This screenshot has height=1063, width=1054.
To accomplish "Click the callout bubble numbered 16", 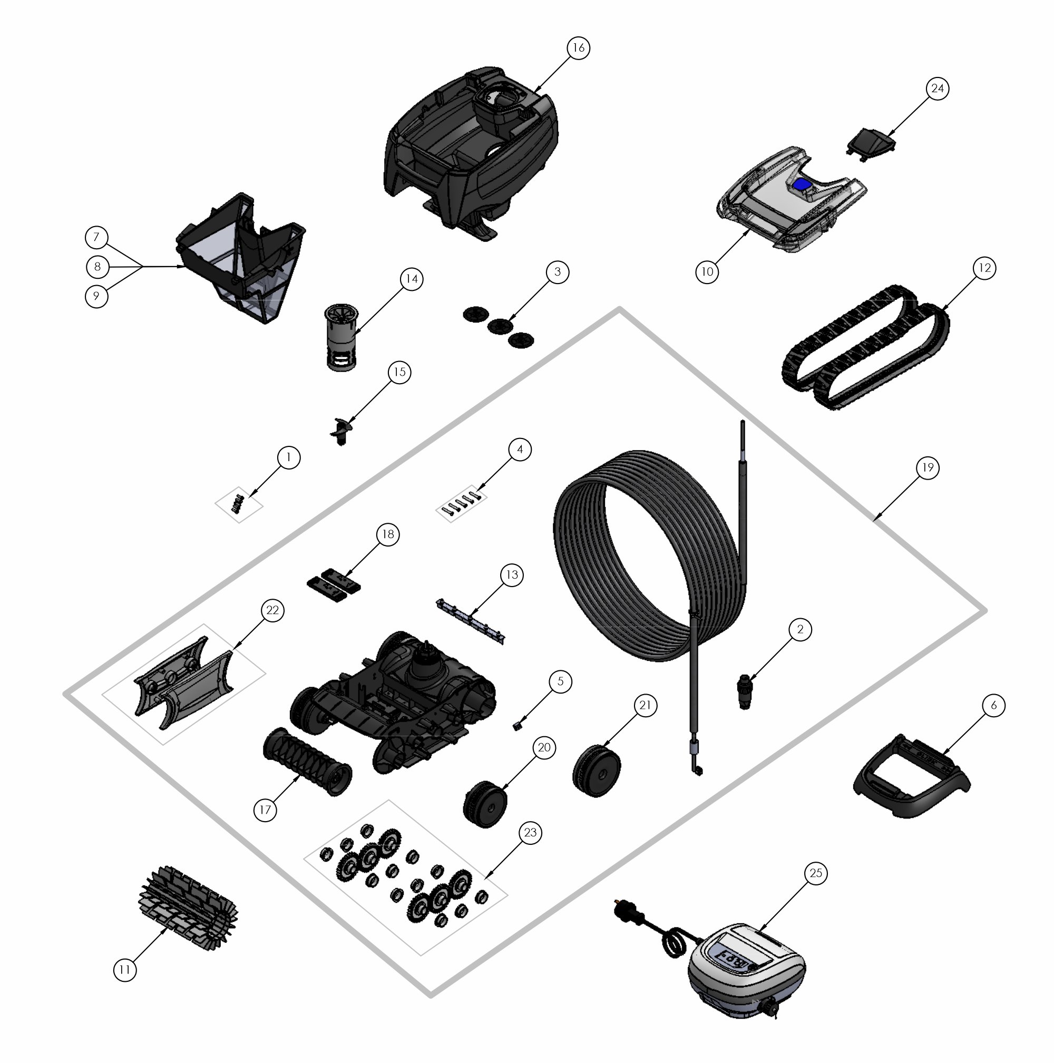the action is [x=578, y=48].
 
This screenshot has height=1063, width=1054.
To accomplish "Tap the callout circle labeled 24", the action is [x=938, y=88].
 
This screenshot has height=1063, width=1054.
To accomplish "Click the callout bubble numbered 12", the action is [x=984, y=268].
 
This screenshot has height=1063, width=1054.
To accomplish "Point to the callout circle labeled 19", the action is [x=928, y=467].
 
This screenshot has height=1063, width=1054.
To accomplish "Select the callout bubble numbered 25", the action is [x=816, y=873].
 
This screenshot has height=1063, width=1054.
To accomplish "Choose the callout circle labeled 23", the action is [x=530, y=833].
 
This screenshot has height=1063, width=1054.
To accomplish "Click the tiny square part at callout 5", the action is [x=516, y=726].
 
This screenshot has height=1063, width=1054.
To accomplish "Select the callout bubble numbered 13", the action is [x=512, y=574].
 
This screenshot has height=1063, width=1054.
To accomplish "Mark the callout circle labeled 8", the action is [x=97, y=267].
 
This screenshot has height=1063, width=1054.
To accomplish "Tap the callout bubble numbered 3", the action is [x=557, y=272].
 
